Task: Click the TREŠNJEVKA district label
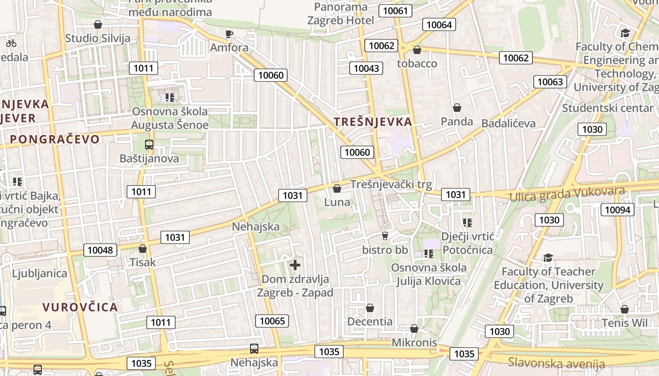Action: (373, 122)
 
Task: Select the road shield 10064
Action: (439, 25)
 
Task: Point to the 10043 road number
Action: (366, 68)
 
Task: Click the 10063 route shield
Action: (550, 82)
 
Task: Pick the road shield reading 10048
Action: (100, 250)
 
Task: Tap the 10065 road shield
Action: (272, 321)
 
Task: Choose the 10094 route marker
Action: (618, 210)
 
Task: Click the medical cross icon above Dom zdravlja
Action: (295, 265)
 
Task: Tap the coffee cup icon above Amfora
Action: (229, 34)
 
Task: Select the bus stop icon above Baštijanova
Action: (149, 145)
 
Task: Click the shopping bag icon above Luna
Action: (337, 189)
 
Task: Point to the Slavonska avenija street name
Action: (556, 363)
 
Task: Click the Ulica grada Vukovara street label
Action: (567, 194)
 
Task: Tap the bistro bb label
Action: (385, 250)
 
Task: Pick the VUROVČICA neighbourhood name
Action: (80, 307)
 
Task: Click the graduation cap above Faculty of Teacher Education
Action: (548, 258)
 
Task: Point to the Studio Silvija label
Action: (98, 39)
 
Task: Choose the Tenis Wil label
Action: (625, 323)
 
